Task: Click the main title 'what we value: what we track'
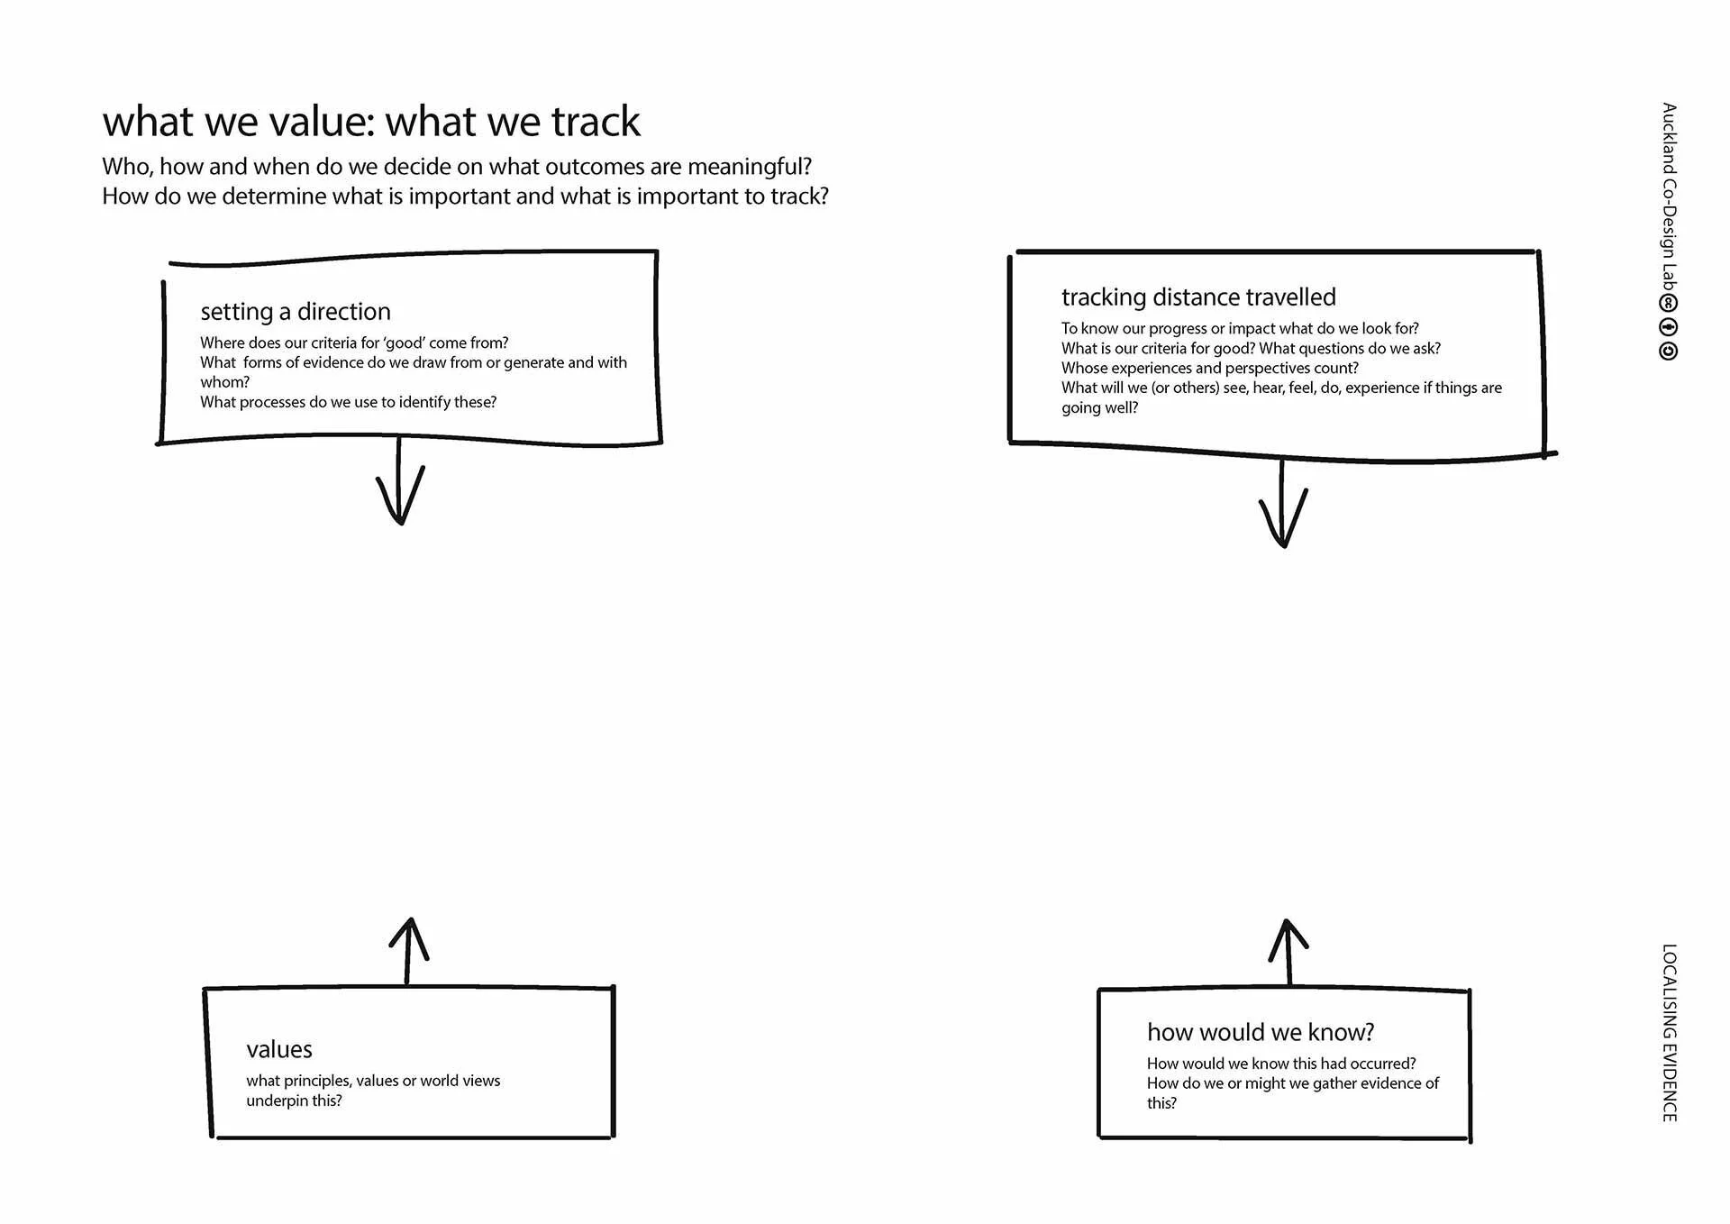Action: pos(370,122)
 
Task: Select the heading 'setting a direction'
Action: pos(296,312)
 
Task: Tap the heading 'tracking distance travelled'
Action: pos(1197,297)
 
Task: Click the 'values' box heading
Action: pos(279,1049)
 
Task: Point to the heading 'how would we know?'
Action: pos(1260,1032)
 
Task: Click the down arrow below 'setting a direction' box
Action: pos(400,487)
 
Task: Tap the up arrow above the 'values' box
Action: pos(408,951)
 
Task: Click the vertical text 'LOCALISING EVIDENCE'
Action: pos(1669,1033)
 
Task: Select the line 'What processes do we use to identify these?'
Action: pos(348,402)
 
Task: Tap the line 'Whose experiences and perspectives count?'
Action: pos(1209,368)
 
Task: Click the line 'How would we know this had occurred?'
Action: pos(1280,1064)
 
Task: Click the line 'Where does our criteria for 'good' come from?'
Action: pos(354,343)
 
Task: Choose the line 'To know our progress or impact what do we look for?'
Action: pos(1239,328)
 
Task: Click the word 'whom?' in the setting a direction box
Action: pos(224,382)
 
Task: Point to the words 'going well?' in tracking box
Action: pos(1099,407)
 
